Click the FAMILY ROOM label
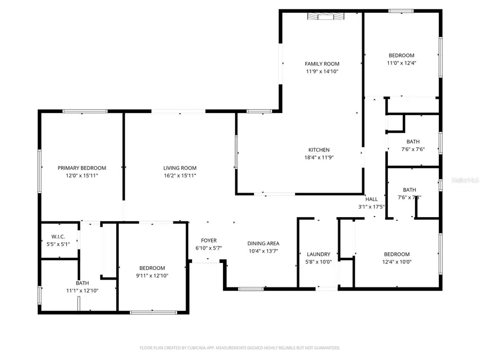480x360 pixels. pyautogui.click(x=322, y=64)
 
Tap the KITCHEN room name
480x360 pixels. pyautogui.click(x=318, y=150)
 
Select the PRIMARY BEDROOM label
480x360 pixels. pyautogui.click(x=82, y=167)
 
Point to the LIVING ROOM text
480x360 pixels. pyautogui.click(x=180, y=167)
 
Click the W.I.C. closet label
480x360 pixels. pyautogui.click(x=58, y=237)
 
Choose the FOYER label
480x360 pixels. pyautogui.click(x=209, y=241)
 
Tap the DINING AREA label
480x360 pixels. pyautogui.click(x=263, y=244)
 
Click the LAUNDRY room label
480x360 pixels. pyautogui.click(x=319, y=254)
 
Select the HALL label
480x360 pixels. pyautogui.click(x=371, y=199)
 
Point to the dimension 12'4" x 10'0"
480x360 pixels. pyautogui.click(x=397, y=262)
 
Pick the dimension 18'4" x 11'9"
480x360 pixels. pyautogui.click(x=318, y=157)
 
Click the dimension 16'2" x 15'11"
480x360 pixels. pyautogui.click(x=180, y=175)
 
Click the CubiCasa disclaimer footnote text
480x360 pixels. pyautogui.click(x=239, y=348)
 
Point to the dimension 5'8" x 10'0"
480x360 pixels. pyautogui.click(x=319, y=262)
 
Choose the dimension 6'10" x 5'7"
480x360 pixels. pyautogui.click(x=209, y=248)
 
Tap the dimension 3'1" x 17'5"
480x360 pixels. pyautogui.click(x=371, y=206)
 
